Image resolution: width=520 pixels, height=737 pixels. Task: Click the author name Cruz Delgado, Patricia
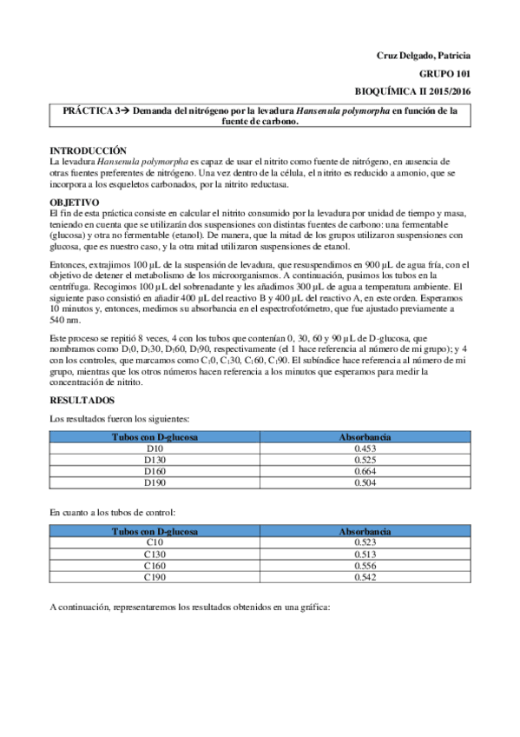418,56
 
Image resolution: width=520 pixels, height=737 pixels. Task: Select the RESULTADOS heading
82,401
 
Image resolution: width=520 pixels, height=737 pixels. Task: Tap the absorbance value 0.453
364,448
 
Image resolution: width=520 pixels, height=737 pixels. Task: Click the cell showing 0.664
364,471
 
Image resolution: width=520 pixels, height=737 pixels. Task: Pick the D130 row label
155,460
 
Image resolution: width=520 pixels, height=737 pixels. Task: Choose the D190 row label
155,482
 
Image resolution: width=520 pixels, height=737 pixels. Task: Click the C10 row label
155,542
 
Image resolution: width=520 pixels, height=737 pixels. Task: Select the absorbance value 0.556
364,566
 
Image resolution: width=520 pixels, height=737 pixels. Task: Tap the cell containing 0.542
364,577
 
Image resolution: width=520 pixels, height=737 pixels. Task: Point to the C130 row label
155,554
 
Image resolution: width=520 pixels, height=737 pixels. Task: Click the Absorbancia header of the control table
364,530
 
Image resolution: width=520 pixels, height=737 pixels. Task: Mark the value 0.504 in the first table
364,482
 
